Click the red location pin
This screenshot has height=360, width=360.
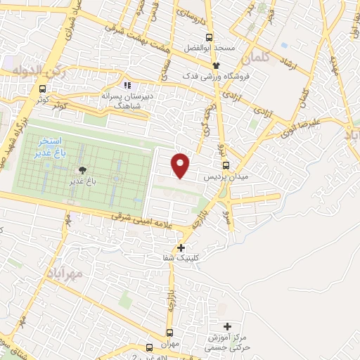[x=181, y=165]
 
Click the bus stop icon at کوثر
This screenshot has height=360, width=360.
[x=43, y=89]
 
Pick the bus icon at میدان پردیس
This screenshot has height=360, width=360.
[x=224, y=165]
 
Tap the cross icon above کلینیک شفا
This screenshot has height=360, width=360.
[x=182, y=247]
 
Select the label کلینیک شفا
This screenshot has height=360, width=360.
[x=181, y=259]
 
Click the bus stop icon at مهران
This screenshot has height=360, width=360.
[x=169, y=333]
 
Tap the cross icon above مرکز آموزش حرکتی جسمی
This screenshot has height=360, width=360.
[x=226, y=326]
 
